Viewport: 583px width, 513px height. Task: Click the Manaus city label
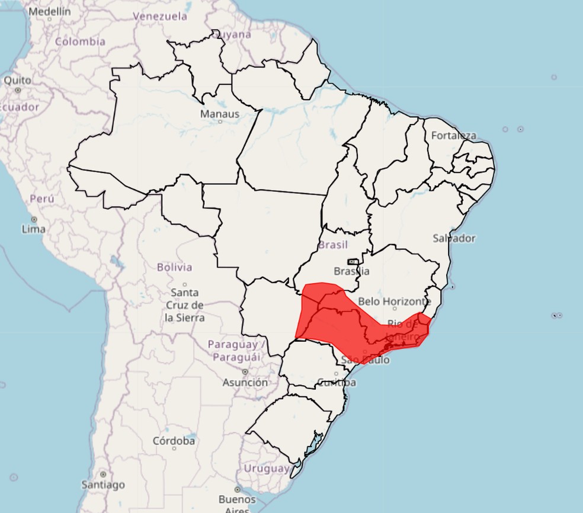coord(220,114)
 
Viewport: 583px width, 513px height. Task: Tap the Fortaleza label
coord(453,136)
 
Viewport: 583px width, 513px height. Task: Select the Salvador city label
coord(454,238)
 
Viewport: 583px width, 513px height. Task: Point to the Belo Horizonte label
coord(394,302)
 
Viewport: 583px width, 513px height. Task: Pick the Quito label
coord(18,80)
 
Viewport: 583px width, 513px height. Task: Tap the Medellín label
coord(49,11)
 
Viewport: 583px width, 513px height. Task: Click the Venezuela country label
coord(160,17)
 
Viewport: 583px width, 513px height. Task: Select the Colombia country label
coord(80,41)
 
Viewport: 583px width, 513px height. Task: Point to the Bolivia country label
coord(174,267)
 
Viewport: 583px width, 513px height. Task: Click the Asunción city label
coord(245,383)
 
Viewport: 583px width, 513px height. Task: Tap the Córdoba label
coord(174,441)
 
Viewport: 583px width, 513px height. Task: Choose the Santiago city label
coord(103,485)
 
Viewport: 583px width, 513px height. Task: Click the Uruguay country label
coord(267,468)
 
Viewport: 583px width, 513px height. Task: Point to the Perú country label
coord(41,199)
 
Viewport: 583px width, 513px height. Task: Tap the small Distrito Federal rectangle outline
coord(353,261)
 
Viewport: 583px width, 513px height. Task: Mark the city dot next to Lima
coord(34,219)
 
